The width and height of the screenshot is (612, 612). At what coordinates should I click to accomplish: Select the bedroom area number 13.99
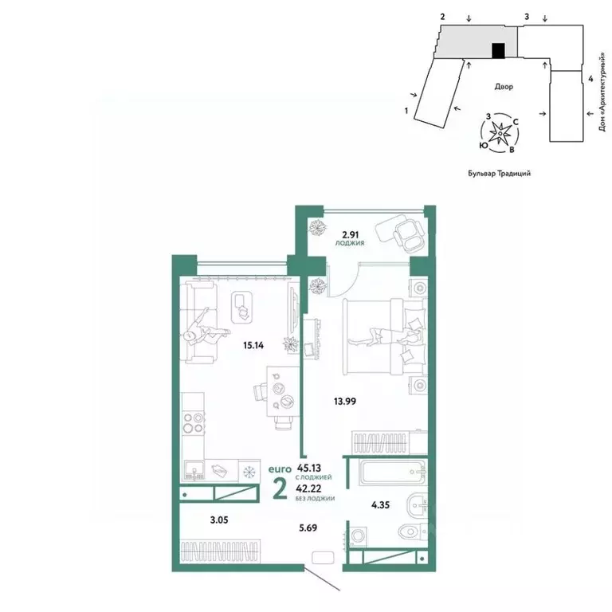pyautogui.click(x=344, y=401)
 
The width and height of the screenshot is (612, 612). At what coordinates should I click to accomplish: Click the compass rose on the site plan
pyautogui.click(x=500, y=132)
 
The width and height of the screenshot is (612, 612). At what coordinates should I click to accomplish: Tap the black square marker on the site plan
pyautogui.click(x=498, y=51)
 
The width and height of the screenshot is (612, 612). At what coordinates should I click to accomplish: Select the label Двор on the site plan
pyautogui.click(x=502, y=86)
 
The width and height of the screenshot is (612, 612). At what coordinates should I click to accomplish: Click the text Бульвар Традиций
pyautogui.click(x=499, y=172)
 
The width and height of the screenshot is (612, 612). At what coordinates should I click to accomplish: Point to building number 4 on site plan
pyautogui.click(x=590, y=79)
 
